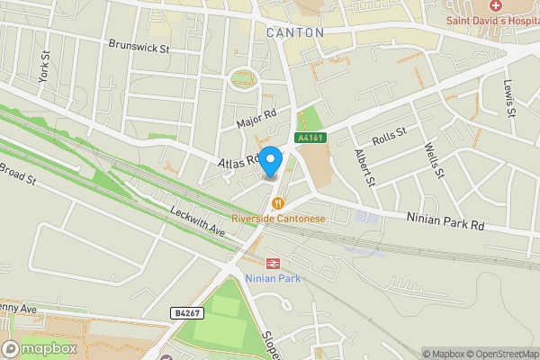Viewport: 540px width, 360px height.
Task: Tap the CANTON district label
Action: (295, 32)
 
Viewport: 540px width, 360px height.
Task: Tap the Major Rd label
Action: (254, 118)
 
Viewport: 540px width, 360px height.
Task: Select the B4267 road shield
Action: (185, 312)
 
